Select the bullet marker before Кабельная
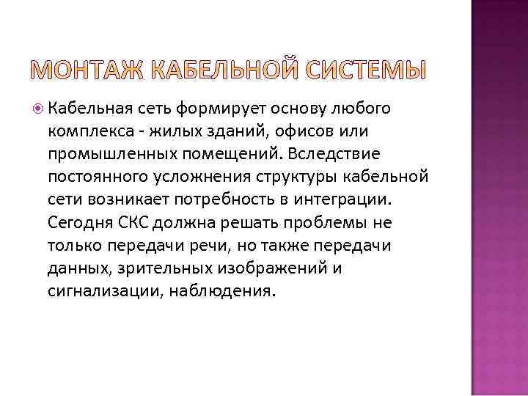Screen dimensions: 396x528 (40, 110)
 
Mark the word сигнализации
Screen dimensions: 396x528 (105, 292)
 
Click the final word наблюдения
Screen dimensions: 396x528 (223, 292)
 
